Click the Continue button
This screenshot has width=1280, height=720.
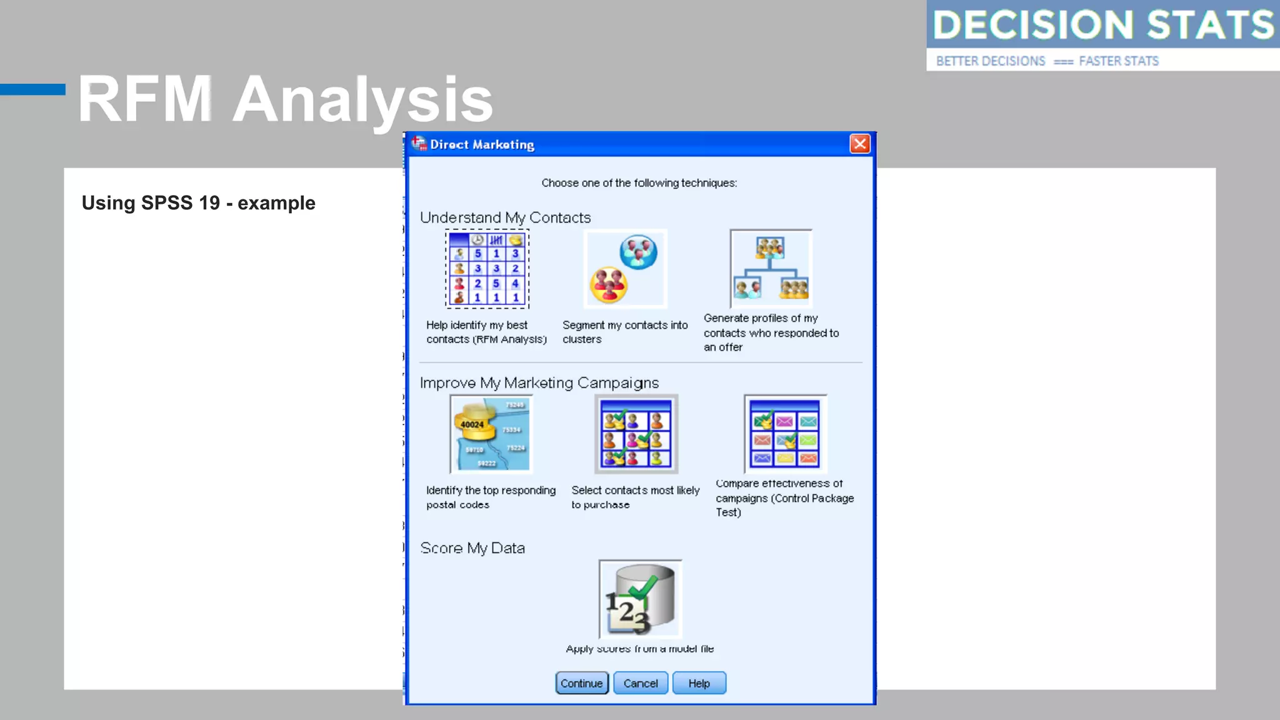581,683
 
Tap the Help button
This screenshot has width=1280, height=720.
699,683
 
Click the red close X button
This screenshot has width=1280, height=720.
859,144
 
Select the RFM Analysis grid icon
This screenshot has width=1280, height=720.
487,269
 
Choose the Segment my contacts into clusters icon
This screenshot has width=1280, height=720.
625,269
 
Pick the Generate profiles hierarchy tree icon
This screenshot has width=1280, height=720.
771,269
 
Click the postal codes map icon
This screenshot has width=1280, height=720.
491,434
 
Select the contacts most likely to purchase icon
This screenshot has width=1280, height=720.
636,434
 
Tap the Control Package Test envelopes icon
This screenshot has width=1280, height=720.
785,434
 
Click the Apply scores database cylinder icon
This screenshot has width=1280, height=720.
640,599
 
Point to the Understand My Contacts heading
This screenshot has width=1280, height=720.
505,217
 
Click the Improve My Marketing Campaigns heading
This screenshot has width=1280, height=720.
539,382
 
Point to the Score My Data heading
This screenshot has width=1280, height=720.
472,548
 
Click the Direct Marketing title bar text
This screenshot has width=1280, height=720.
482,144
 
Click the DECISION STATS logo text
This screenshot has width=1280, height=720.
1102,25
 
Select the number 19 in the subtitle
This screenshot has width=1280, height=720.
209,203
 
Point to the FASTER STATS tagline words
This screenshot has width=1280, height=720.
1118,61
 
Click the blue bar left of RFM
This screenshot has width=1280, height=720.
32,89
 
